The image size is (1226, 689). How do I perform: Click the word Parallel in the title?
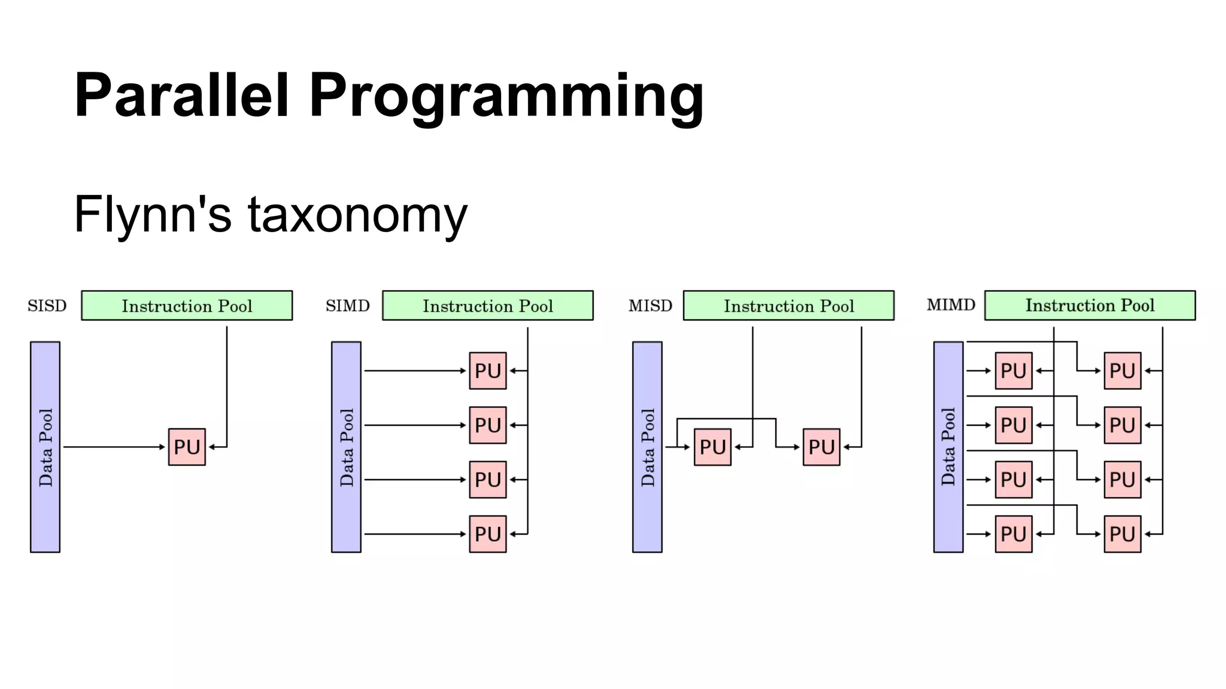point(181,96)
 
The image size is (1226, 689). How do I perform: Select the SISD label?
point(47,306)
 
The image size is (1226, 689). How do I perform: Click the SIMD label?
point(347,306)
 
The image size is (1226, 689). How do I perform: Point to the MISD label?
point(650,306)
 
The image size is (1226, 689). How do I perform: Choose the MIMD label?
point(951,306)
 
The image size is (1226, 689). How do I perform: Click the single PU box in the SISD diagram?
point(187,447)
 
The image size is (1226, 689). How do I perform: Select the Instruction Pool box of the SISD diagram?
point(187,306)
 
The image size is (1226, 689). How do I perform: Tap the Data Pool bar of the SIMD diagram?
point(346,447)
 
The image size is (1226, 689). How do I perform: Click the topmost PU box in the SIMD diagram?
point(488,371)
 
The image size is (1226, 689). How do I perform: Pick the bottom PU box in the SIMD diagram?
point(488,533)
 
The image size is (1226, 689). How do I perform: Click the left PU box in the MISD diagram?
point(712,447)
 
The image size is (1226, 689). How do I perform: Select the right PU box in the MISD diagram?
point(821,447)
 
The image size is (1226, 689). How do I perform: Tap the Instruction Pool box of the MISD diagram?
point(788,306)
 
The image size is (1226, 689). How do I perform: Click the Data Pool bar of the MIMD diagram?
point(948,447)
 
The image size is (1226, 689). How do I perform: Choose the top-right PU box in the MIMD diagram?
point(1122,371)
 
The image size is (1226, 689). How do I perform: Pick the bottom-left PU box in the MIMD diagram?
point(1013,533)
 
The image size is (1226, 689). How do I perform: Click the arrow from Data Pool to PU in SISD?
point(114,447)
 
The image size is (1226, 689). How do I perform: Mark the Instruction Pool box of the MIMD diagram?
point(1090,306)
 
